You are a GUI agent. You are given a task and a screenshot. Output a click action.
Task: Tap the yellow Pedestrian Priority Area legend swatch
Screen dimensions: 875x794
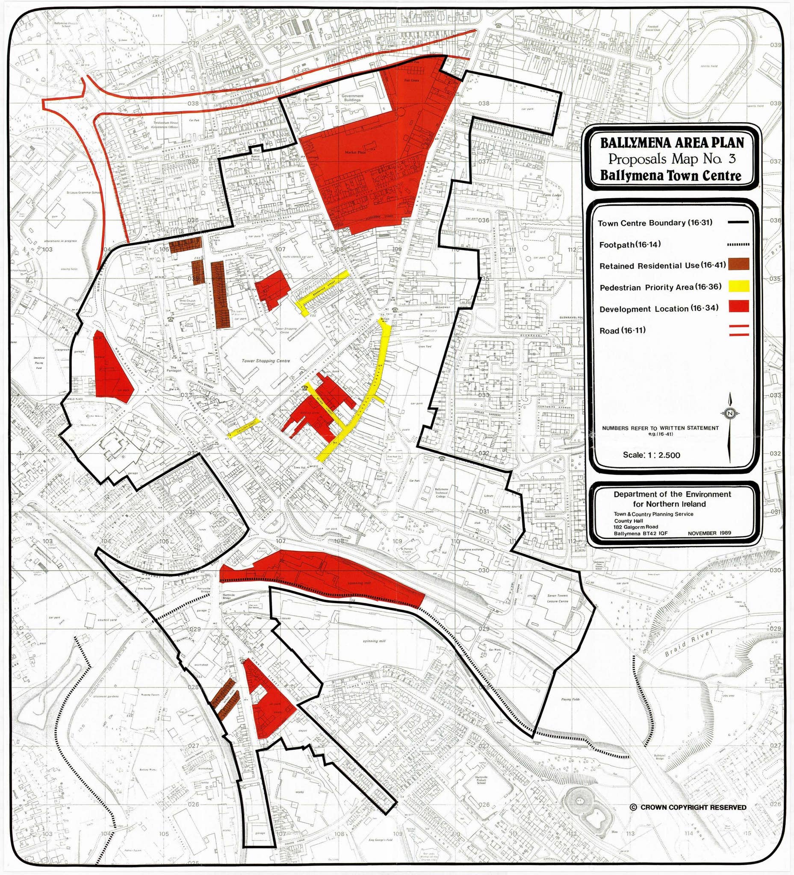point(739,286)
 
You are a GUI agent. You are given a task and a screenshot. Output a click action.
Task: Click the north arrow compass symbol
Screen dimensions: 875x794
point(730,413)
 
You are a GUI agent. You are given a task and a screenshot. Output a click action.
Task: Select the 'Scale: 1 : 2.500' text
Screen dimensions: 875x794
point(651,455)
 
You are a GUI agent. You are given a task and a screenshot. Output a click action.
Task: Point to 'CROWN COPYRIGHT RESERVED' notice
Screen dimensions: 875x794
point(688,807)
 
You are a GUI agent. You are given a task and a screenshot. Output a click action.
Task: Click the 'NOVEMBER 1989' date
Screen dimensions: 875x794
point(709,532)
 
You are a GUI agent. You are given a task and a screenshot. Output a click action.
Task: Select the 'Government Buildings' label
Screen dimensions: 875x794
point(352,98)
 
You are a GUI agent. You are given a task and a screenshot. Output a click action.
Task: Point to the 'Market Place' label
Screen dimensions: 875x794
point(355,153)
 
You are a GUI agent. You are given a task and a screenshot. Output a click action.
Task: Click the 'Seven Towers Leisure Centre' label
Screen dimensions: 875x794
point(557,599)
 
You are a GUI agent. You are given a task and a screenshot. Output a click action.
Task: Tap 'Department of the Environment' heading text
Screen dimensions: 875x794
point(672,494)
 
